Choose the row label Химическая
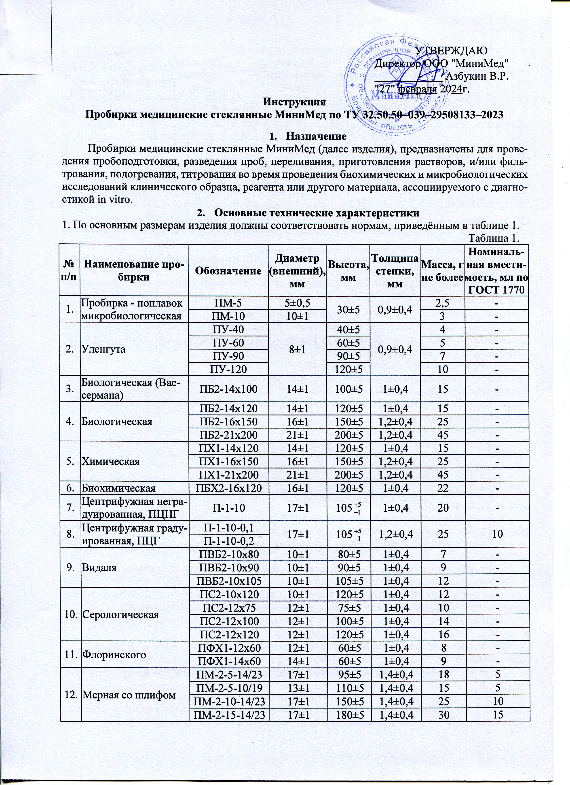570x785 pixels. pyautogui.click(x=110, y=461)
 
